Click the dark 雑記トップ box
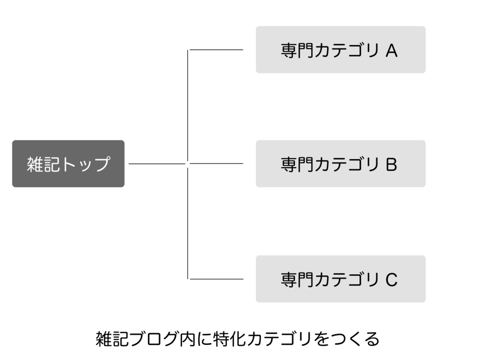point(68,163)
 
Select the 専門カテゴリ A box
point(341,49)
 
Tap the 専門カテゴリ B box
point(341,163)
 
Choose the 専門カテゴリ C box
point(341,279)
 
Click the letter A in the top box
point(391,50)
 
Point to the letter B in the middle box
point(391,164)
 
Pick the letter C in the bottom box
point(391,279)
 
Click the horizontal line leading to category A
point(216,49)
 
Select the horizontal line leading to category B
point(216,163)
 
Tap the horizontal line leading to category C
point(216,279)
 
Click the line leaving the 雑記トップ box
point(157,163)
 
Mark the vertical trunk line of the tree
point(188,164)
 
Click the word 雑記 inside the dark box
point(43,164)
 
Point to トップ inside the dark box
point(85,164)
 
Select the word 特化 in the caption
point(229,339)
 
